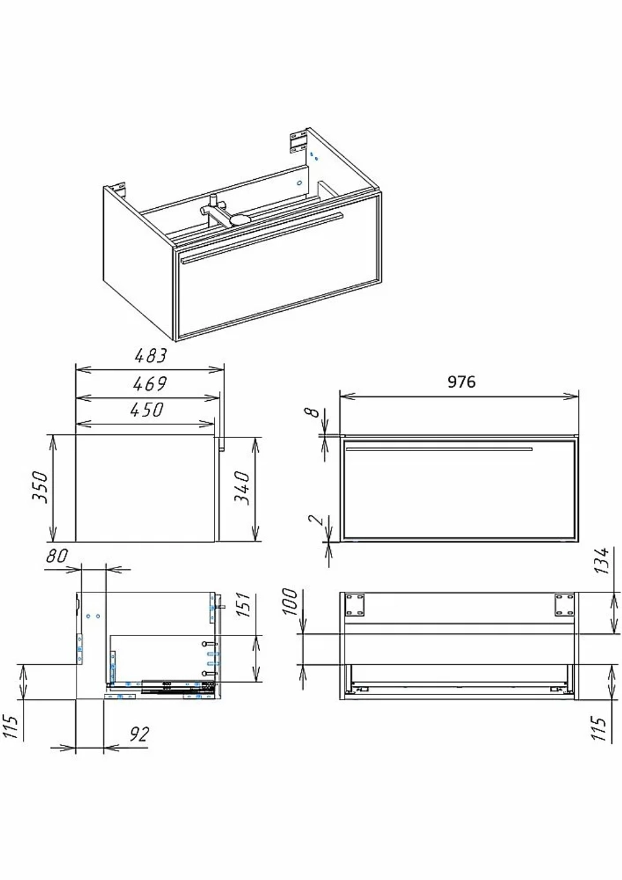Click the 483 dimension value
151,356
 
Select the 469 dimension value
150,384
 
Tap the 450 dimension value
146,410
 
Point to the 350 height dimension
40,487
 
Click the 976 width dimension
462,381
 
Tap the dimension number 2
316,520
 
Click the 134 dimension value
601,561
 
